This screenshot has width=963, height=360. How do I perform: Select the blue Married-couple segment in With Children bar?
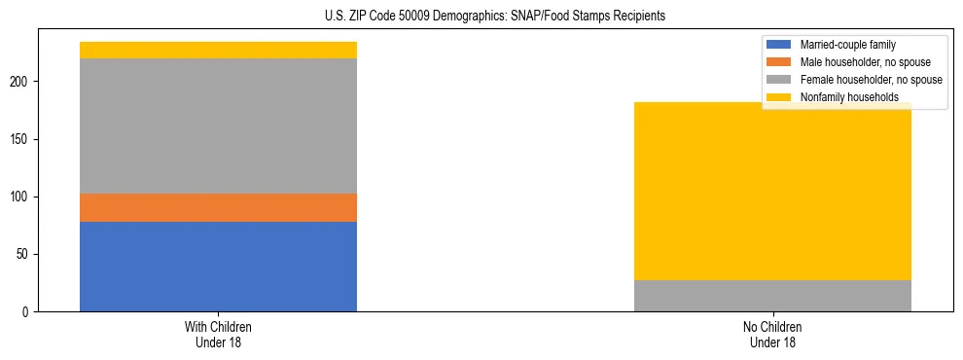pos(218,267)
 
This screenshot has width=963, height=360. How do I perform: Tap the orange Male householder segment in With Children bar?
pos(218,207)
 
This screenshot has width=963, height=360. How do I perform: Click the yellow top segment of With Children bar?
pos(218,50)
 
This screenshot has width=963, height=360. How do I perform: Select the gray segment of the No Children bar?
pos(772,296)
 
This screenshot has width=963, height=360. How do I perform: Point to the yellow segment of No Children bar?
pos(772,195)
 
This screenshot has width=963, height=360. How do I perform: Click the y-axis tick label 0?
pos(31,312)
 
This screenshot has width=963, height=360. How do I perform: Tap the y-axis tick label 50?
pos(28,255)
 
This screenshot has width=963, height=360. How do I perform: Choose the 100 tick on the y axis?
pos(25,198)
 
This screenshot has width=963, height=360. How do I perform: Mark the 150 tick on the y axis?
pos(25,140)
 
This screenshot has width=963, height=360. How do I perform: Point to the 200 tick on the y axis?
pos(25,83)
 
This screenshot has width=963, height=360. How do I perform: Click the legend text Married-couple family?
pos(847,45)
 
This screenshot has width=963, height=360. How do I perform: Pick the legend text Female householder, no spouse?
pos(870,80)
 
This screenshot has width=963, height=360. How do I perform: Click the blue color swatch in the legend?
pos(779,45)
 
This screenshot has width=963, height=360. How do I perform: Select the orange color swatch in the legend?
pos(779,62)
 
